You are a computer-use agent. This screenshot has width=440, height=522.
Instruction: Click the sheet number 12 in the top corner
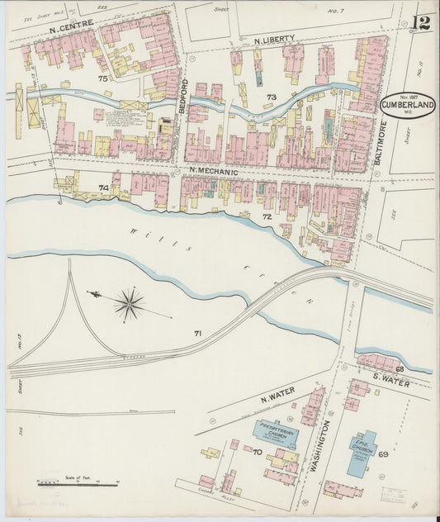pos(422,22)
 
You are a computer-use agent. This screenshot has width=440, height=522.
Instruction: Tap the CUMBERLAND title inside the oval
pos(408,105)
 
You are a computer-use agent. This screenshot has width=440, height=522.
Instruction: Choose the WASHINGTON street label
pos(323,445)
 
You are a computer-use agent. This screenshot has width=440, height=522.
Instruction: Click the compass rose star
pos(129,304)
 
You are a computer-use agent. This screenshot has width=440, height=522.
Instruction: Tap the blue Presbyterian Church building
pos(274,431)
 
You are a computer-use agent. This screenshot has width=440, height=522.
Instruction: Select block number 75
pos(102,78)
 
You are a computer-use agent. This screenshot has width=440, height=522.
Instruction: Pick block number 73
pos(270,97)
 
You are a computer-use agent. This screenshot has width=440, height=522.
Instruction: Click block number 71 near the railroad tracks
pos(197,333)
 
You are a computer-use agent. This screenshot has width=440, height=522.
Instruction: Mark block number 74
pos(103,188)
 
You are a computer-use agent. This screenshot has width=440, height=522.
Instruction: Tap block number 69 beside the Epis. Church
pos(383,454)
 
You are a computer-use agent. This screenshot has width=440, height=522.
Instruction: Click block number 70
pos(257,453)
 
